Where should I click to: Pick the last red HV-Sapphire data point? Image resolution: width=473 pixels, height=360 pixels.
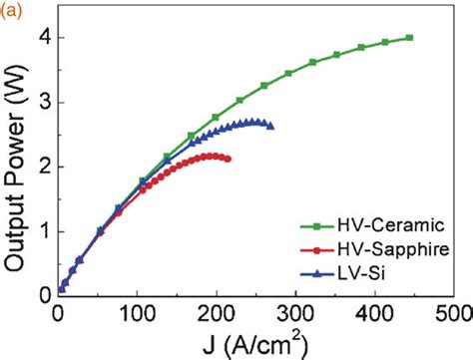(229, 159)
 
